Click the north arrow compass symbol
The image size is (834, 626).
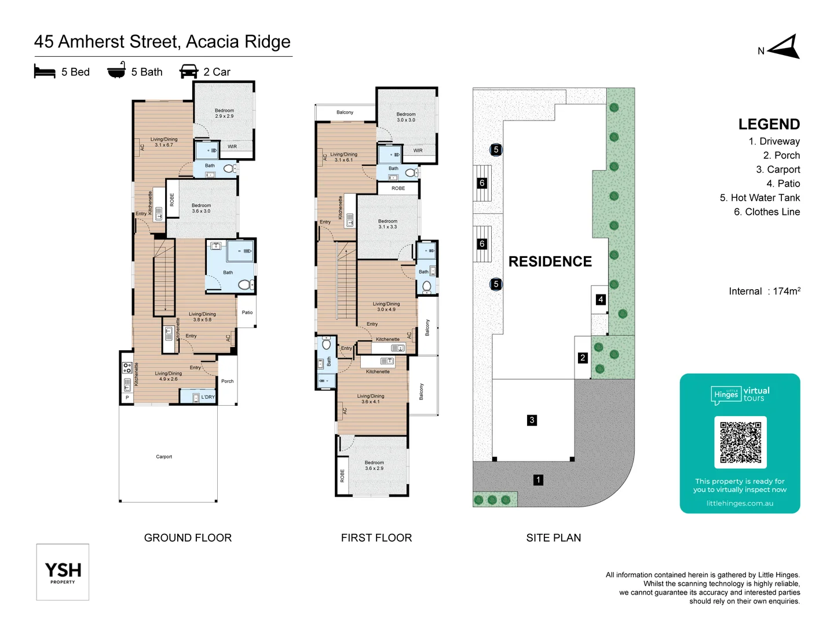785,48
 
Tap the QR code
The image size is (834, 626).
740,442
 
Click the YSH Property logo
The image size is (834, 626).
63,572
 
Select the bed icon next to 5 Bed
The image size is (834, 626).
45,72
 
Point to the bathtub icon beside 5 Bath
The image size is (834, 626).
116,70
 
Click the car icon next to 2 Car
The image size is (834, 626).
189,72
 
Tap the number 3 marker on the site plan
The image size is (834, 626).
532,420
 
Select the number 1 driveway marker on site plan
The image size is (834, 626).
538,480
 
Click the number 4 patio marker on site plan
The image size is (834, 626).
601,300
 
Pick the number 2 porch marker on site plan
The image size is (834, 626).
583,358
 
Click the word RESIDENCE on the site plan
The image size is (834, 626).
550,261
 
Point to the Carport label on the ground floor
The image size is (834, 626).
164,457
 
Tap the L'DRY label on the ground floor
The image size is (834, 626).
208,397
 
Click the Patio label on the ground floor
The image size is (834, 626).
247,312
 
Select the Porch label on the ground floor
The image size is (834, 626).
227,381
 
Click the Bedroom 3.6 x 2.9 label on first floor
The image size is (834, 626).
374,465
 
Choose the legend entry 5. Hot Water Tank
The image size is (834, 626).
759,198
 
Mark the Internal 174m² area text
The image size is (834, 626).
764,291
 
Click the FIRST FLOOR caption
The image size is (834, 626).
376,538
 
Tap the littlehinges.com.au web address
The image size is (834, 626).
740,503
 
